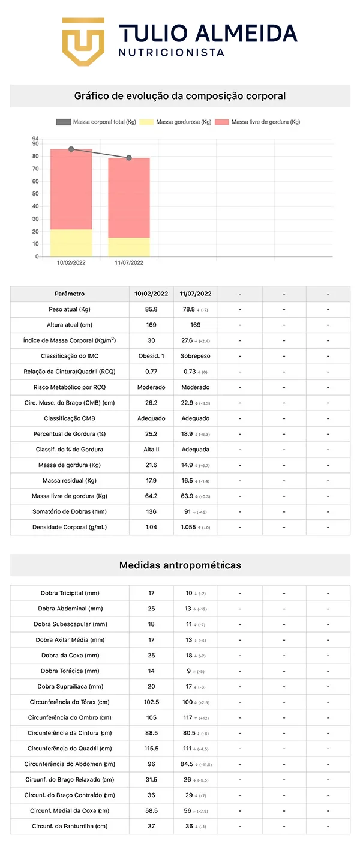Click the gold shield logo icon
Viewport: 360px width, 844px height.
pyautogui.click(x=83, y=41)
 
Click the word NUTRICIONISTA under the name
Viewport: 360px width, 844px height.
pyautogui.click(x=171, y=53)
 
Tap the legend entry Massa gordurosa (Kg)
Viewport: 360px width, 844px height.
pyautogui.click(x=184, y=122)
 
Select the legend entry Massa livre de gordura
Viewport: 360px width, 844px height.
pyautogui.click(x=265, y=122)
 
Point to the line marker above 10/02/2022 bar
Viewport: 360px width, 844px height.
pyautogui.click(x=71, y=149)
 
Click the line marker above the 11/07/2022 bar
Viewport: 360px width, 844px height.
pyautogui.click(x=129, y=158)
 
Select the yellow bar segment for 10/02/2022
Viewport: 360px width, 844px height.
pyautogui.click(x=71, y=243)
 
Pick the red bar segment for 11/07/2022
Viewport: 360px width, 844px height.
pyautogui.click(x=129, y=197)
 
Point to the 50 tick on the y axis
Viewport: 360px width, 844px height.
pyautogui.click(x=36, y=194)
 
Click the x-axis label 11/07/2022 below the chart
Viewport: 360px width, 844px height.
pyautogui.click(x=129, y=263)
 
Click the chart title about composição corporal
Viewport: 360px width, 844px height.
pyautogui.click(x=180, y=96)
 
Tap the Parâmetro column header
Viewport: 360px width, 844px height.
pyautogui.click(x=70, y=294)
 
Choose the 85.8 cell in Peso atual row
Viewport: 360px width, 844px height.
pyautogui.click(x=151, y=309)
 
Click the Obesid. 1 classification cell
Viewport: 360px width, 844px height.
pyautogui.click(x=151, y=356)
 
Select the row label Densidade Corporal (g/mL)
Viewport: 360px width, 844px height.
pyautogui.click(x=70, y=527)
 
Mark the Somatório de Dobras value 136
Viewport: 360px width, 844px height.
pyautogui.click(x=151, y=511)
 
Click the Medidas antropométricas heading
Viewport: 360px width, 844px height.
pyautogui.click(x=180, y=565)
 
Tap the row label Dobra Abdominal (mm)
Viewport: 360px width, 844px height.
pyautogui.click(x=70, y=609)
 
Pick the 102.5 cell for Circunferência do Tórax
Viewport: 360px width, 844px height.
pyautogui.click(x=151, y=702)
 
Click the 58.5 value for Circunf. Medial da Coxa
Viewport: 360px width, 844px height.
pyautogui.click(x=151, y=810)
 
